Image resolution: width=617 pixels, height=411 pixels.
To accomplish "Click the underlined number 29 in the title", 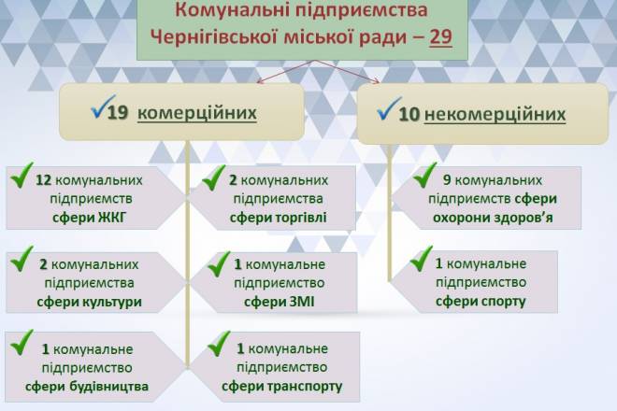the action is pos(440,37).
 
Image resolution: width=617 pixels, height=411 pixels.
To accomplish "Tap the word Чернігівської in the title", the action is pos(212,38).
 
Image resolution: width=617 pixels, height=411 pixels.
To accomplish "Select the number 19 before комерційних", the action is pos(118,113).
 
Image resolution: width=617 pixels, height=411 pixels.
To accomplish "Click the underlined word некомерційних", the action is pos(495,114).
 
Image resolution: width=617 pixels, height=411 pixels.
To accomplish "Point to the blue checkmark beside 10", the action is pos(389,108).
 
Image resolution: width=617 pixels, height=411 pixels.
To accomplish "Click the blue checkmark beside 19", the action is pos(103,106).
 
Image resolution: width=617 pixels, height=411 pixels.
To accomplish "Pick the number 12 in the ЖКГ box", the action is pos(44,180).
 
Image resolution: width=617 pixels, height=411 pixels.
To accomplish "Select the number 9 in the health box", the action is pos(447,179).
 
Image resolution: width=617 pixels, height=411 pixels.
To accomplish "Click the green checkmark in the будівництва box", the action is pos(22,343).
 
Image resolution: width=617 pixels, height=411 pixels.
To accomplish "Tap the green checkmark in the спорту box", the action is pos(422,259).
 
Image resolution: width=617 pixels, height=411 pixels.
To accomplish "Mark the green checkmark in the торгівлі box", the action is pos(214,177).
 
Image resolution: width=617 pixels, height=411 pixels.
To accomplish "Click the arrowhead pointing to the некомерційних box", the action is pos(377,81).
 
